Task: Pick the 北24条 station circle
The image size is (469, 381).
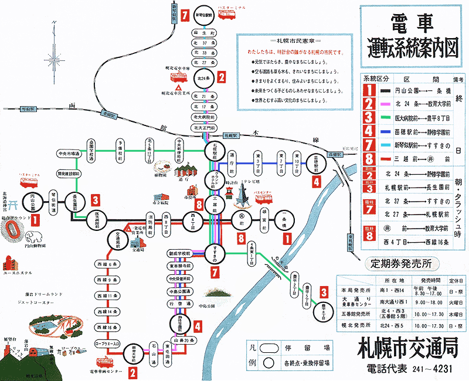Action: (x=205, y=77)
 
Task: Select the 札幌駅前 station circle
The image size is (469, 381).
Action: (x=213, y=151)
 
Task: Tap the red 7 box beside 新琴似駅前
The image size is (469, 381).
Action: (x=185, y=16)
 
